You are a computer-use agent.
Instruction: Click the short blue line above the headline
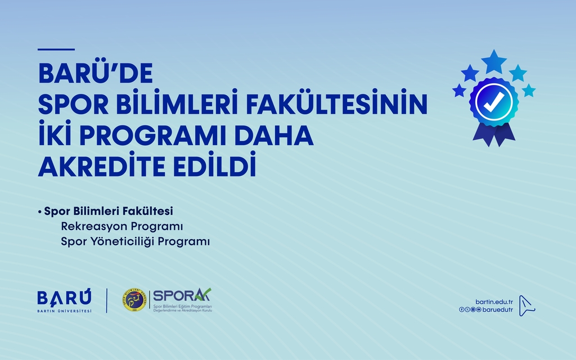[56, 49]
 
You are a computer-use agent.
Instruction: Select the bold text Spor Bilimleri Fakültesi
[108, 212]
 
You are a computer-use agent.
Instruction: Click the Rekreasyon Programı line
[122, 227]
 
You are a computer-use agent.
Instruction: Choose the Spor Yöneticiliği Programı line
[135, 241]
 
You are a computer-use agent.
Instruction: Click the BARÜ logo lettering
[64, 298]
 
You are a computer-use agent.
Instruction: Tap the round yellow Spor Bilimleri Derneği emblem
[134, 300]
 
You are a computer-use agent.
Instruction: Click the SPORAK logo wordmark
[181, 295]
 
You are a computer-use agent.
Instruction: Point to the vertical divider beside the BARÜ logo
[107, 300]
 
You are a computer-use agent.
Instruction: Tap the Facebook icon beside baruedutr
[462, 310]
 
